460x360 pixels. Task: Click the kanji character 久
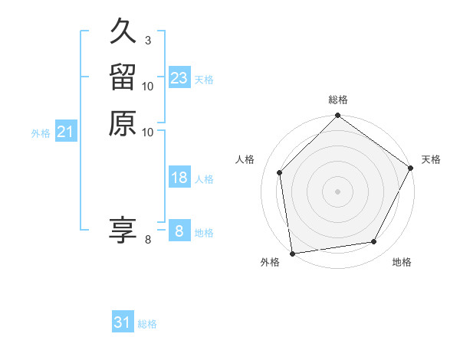(123, 33)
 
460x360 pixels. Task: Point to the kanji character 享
(123, 229)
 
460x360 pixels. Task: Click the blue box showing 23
(179, 78)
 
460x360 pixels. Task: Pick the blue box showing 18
(179, 178)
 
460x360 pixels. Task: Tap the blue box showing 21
(66, 133)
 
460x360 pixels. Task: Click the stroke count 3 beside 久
(147, 41)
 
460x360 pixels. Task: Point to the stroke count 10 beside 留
(148, 87)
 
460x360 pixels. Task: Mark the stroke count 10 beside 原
(148, 132)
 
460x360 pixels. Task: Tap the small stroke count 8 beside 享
(148, 240)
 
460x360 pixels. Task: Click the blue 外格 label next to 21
(41, 133)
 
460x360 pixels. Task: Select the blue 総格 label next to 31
(147, 324)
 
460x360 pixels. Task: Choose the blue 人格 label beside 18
(204, 179)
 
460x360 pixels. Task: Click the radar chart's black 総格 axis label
(337, 100)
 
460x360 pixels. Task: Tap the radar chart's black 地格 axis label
(402, 262)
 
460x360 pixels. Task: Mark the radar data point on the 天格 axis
(411, 169)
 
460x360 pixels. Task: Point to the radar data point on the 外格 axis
(292, 253)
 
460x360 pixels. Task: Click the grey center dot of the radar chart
(337, 191)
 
